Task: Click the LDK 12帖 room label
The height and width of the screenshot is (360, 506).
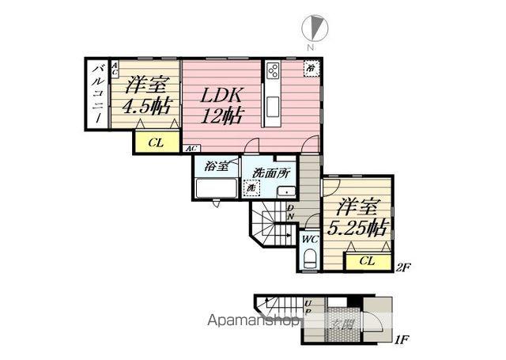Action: (221, 104)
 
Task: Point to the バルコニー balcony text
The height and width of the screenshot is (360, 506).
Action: (96, 94)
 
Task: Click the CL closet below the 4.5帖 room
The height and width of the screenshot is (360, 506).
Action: (155, 143)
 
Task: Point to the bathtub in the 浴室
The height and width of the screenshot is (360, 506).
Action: (216, 190)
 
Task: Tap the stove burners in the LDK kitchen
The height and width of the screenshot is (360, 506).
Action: (274, 72)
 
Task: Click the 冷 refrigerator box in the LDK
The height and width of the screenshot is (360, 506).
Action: (312, 68)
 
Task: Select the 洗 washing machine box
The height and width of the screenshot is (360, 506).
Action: (251, 188)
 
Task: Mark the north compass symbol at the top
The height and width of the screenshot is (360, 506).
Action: (315, 30)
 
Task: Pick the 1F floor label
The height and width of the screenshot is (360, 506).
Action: (401, 339)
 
